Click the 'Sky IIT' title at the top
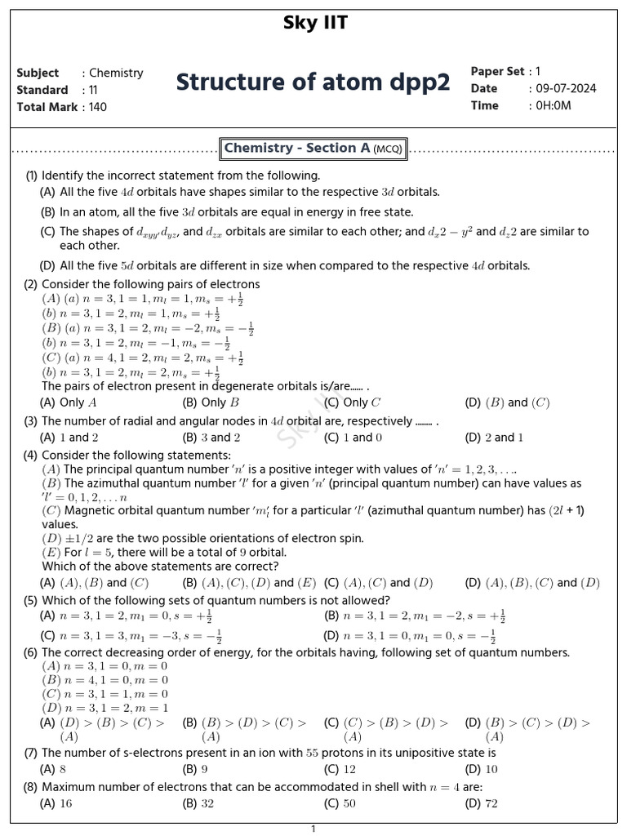click(314, 24)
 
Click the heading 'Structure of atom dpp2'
click(313, 82)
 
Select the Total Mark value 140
click(98, 107)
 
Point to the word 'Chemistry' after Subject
click(116, 73)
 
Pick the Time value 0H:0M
click(554, 106)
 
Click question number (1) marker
click(32, 176)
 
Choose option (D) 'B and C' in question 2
click(507, 402)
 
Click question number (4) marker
click(31, 455)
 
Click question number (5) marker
click(31, 601)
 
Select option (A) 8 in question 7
click(53, 769)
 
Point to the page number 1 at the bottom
click(313, 829)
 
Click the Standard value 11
click(93, 90)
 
